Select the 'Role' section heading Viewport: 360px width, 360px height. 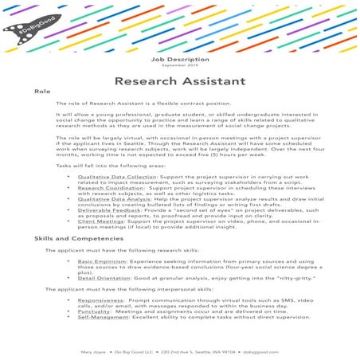(x=42, y=92)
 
